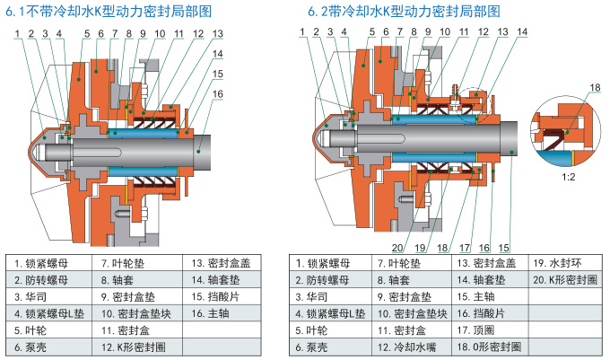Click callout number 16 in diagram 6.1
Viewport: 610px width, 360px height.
click(218, 92)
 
